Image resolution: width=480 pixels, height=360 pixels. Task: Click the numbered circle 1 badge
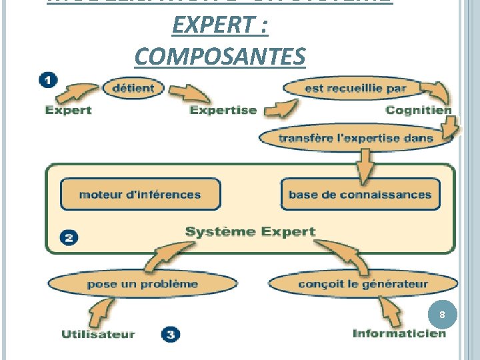point(48,80)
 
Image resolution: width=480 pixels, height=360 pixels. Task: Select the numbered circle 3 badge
point(170,334)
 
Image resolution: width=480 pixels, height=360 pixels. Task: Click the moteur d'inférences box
point(140,195)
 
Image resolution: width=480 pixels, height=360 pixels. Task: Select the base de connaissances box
point(360,195)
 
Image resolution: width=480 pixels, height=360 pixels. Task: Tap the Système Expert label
point(249,232)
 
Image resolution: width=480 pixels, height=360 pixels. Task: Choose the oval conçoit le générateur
point(363,284)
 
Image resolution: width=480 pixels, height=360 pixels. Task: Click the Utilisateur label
point(98,334)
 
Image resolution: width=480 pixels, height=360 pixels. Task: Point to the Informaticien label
point(399,333)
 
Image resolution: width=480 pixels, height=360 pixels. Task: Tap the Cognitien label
point(418,110)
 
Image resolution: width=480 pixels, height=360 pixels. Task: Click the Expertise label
point(223,110)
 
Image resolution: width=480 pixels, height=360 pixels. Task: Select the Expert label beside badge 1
point(68,110)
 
